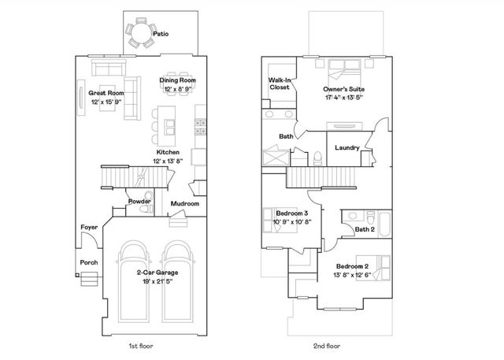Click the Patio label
point(161,34)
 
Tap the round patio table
point(142,33)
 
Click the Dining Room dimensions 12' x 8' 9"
point(178,89)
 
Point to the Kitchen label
point(168,151)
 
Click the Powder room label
point(140,202)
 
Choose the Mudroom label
point(185,203)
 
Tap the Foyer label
point(89,227)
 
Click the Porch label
point(89,262)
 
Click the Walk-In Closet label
point(278,83)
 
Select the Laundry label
point(346,148)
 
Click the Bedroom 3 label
point(291,213)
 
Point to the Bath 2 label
point(365,229)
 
